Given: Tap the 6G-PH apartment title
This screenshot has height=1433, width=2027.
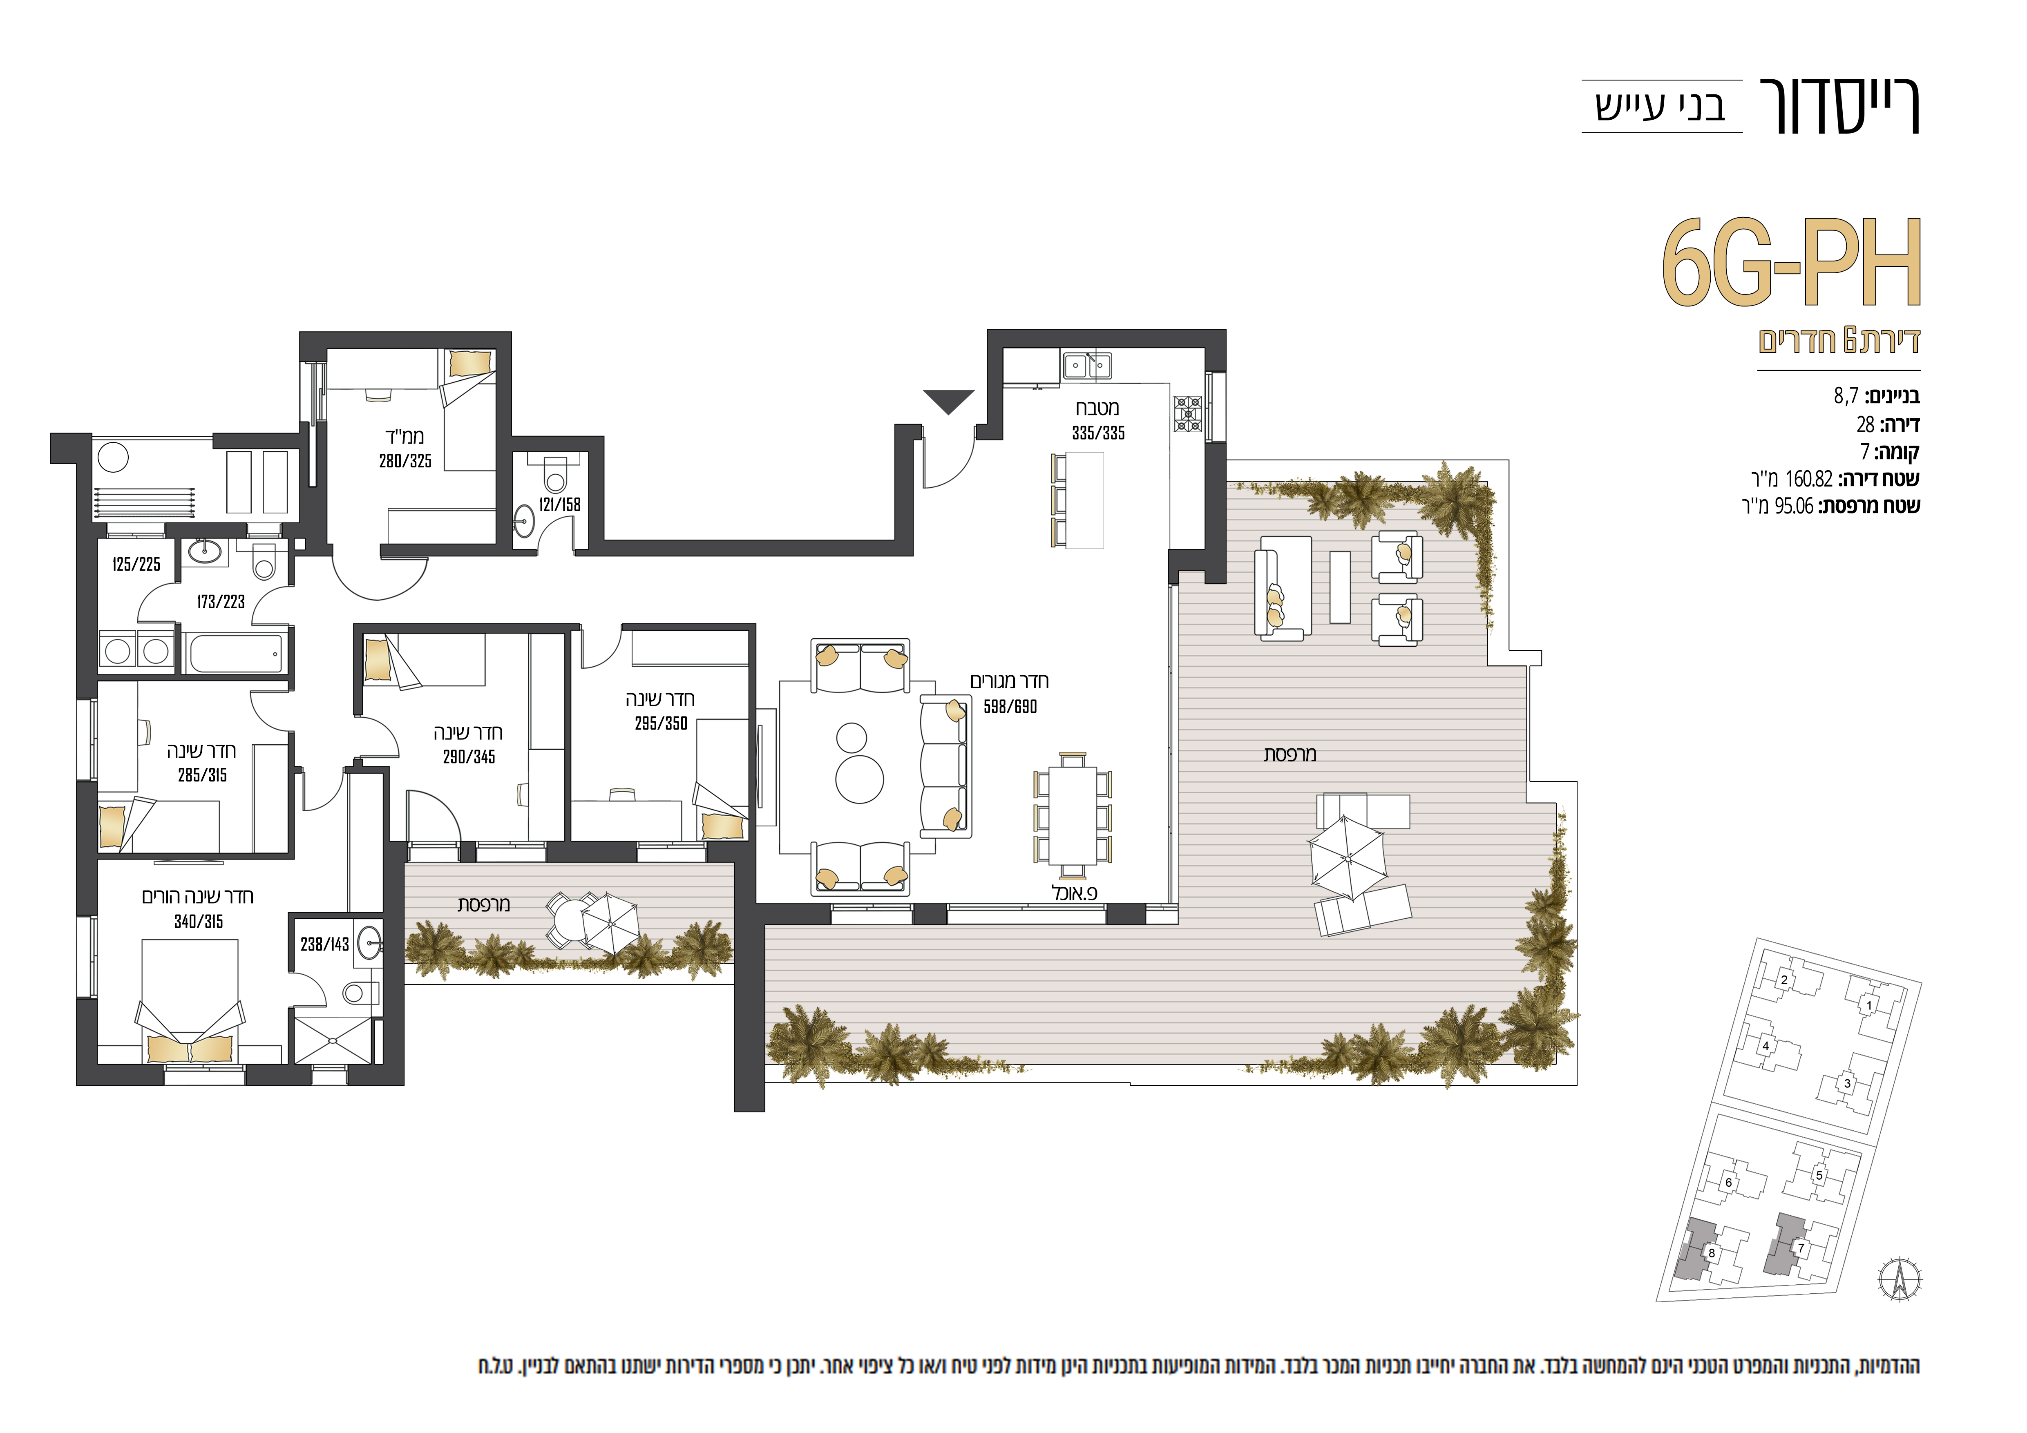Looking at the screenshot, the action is pos(1791,263).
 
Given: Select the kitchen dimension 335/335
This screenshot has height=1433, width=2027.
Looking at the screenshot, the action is pos(1098,433).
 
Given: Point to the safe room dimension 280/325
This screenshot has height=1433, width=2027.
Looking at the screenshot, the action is pos(405,461).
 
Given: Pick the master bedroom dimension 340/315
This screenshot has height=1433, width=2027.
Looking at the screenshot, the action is pos(199,921).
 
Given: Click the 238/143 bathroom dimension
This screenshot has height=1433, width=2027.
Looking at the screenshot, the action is pos(325,944).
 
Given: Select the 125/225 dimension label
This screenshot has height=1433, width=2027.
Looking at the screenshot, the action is pos(137,565).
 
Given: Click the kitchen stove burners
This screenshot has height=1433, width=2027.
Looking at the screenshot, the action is pos(1187,414).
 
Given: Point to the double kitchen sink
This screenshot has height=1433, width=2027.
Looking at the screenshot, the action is pos(1088,364).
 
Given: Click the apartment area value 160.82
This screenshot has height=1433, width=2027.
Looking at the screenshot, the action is pos(1809,479).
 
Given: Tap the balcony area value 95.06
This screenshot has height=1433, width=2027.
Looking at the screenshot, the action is pos(1794,507).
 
